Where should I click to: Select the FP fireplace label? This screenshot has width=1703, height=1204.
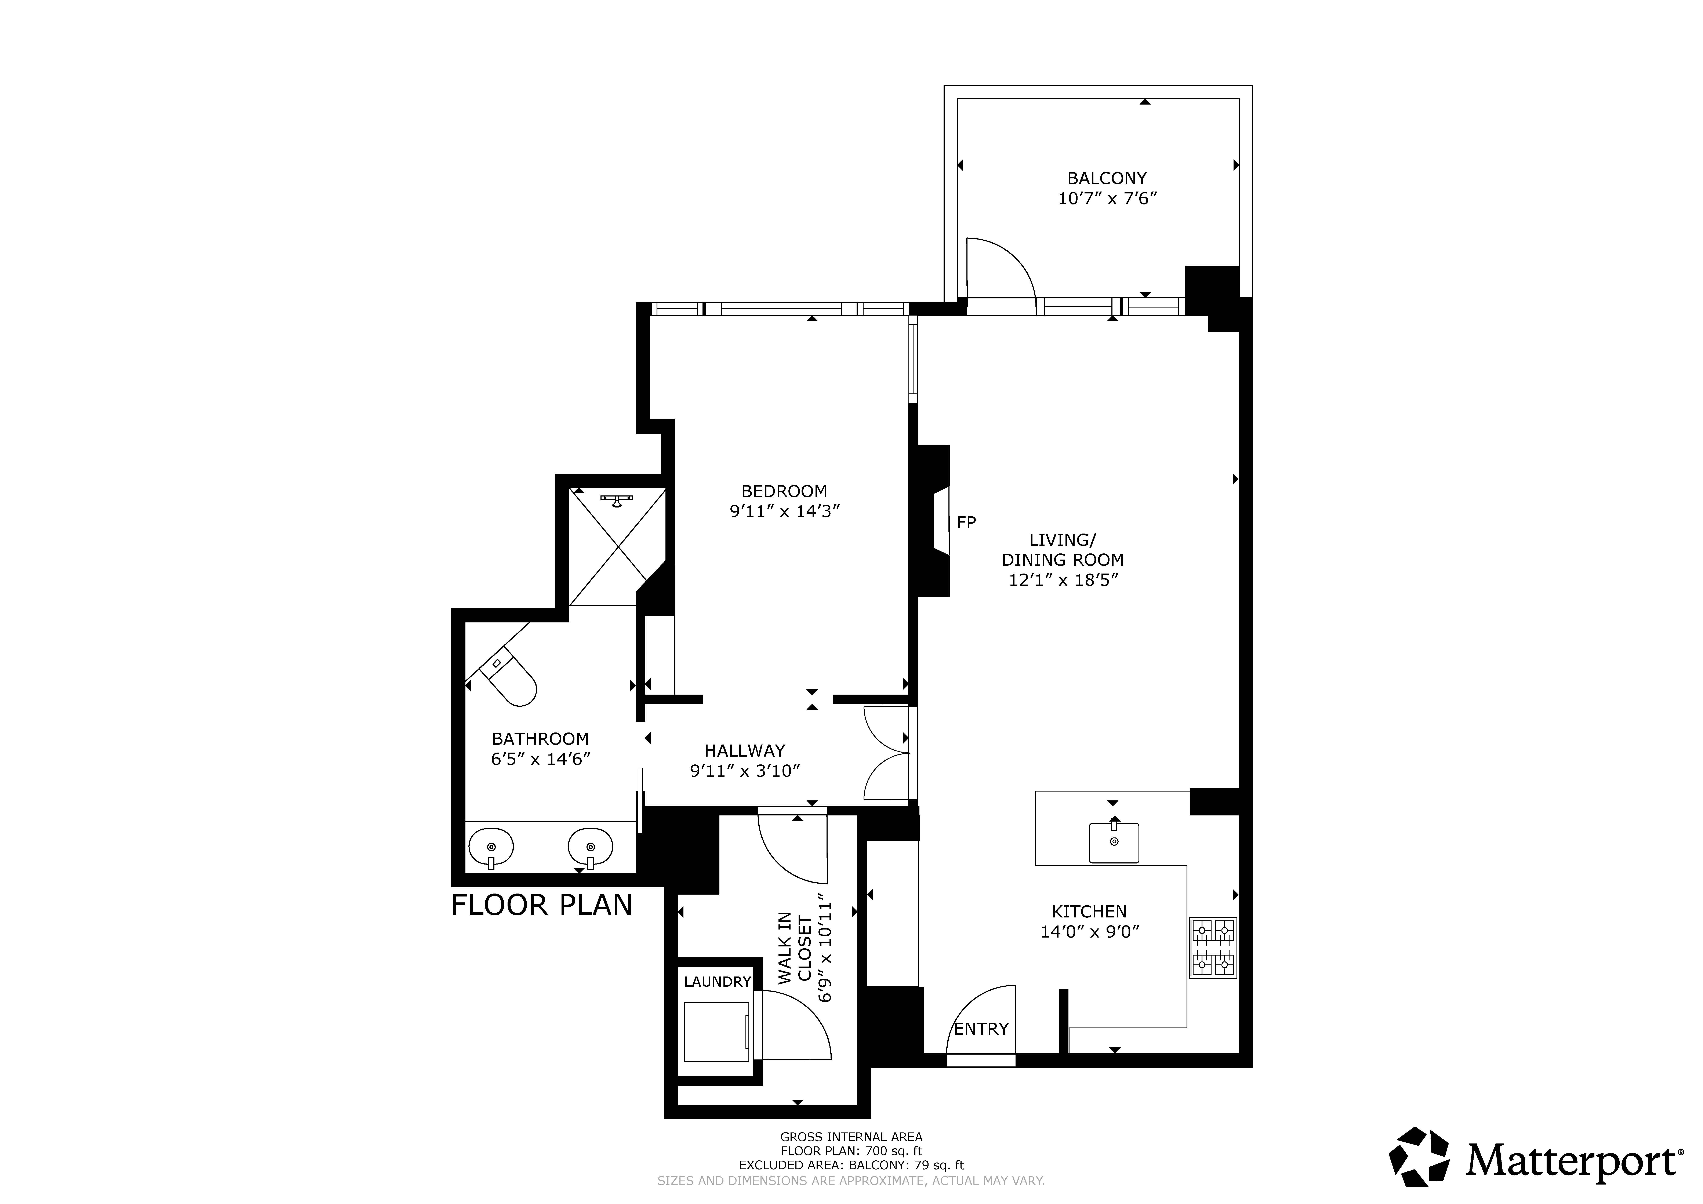(x=966, y=522)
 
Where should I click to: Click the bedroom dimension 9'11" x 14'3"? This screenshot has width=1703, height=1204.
(x=784, y=511)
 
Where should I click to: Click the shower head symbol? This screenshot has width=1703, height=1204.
(x=616, y=501)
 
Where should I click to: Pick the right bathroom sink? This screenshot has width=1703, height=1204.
(x=590, y=848)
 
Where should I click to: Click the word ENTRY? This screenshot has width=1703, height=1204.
(x=981, y=1029)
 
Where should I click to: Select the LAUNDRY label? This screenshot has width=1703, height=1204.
(x=717, y=981)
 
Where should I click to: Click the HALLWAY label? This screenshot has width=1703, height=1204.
(x=745, y=751)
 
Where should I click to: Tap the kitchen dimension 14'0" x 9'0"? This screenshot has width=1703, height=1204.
(x=1090, y=932)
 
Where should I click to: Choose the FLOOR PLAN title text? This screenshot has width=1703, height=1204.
(x=541, y=905)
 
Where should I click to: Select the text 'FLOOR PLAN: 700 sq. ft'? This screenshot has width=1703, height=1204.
(x=851, y=1151)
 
